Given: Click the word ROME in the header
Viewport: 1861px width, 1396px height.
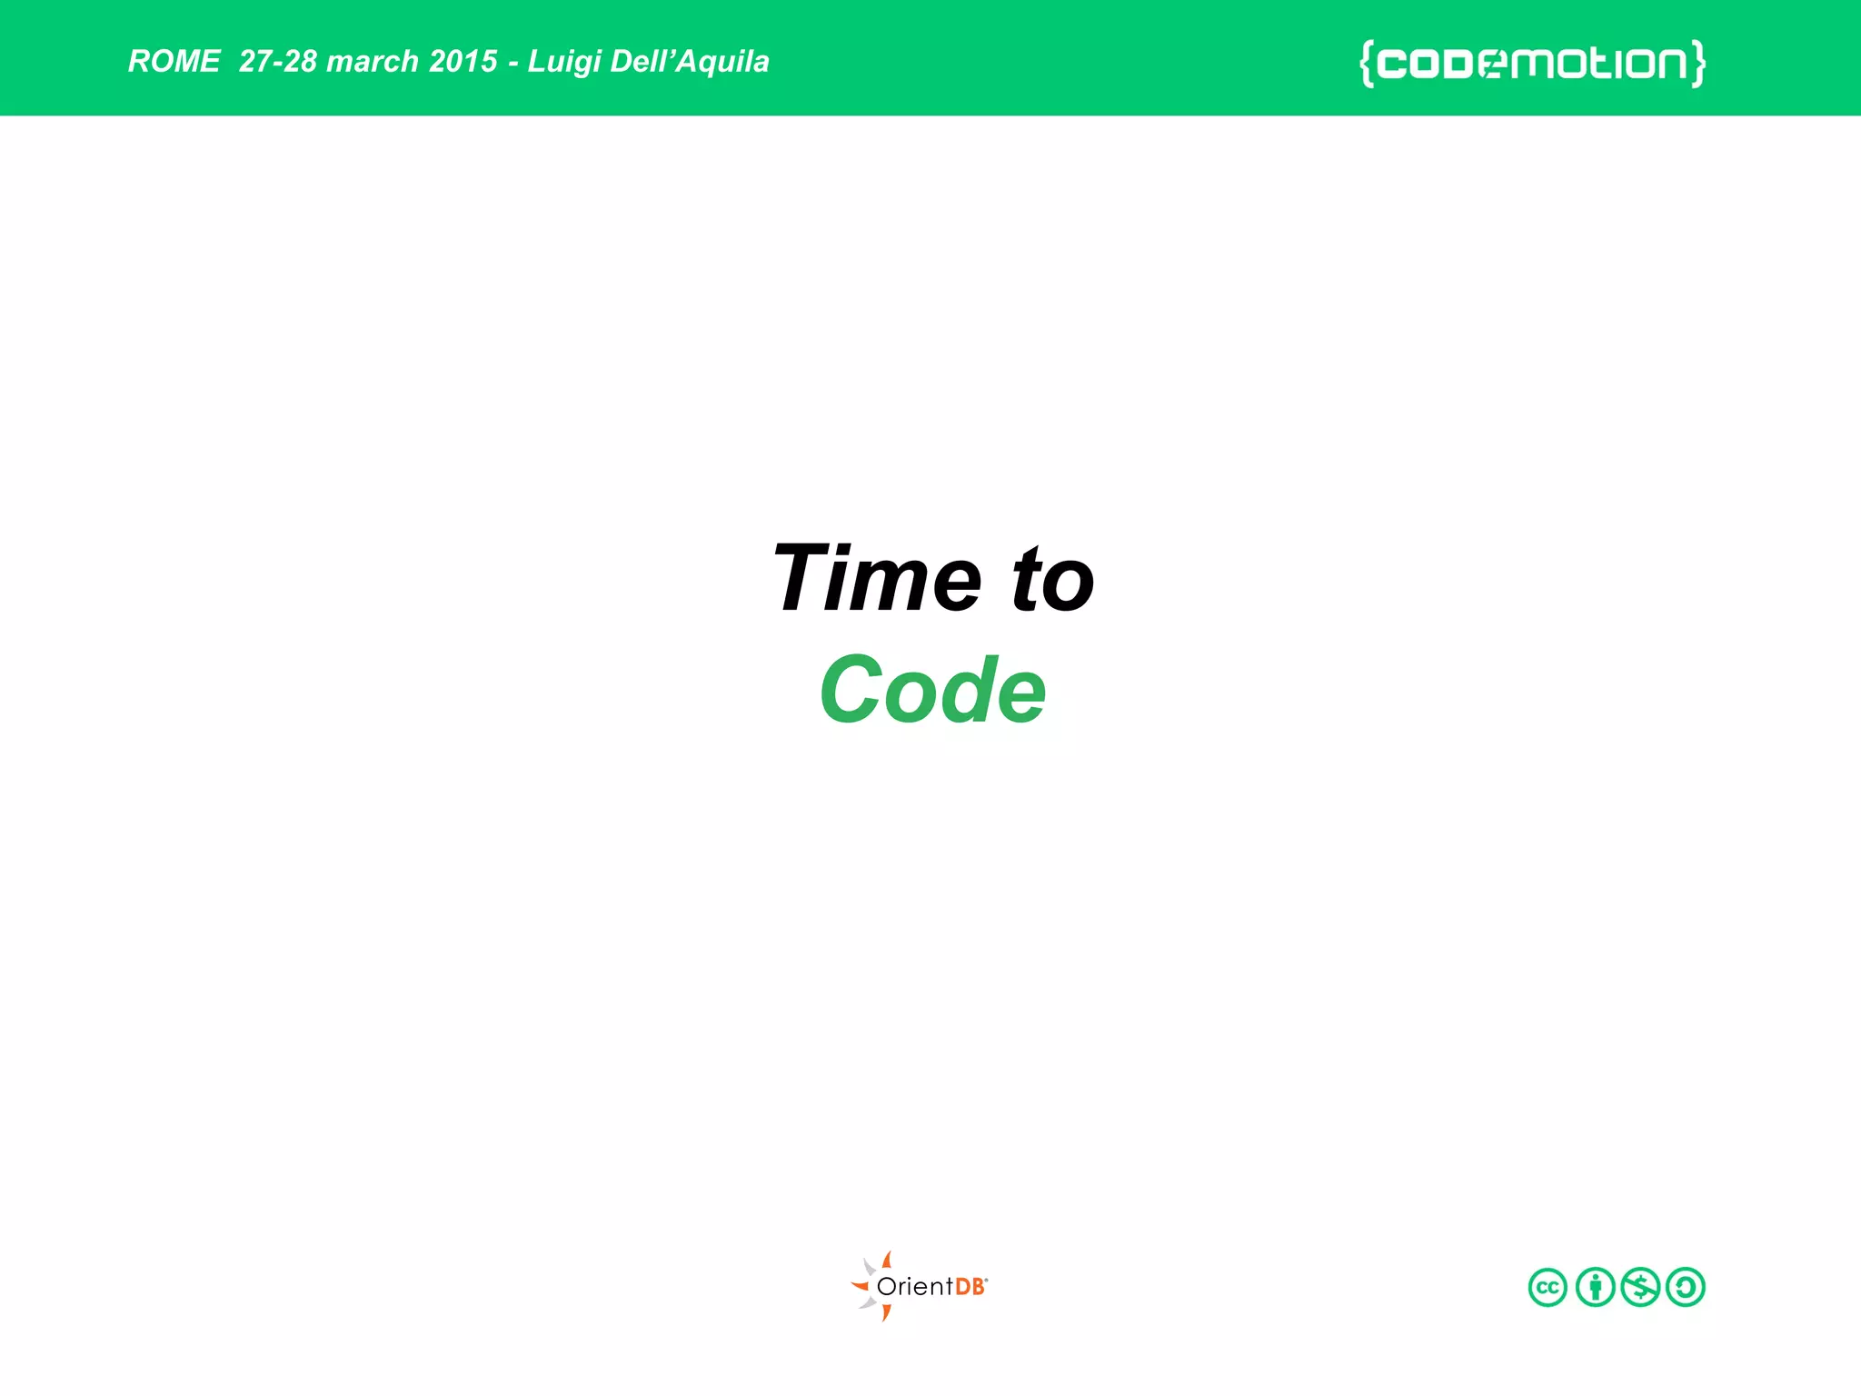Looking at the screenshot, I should tap(174, 61).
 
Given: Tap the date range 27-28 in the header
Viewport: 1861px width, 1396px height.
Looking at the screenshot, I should tap(278, 61).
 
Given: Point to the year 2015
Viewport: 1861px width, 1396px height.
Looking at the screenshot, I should tap(463, 61).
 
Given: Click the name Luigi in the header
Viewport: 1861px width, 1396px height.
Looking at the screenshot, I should tap(563, 62).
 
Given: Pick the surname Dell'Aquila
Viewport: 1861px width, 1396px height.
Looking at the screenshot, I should tap(690, 61).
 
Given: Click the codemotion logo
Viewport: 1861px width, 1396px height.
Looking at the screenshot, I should tap(1532, 64).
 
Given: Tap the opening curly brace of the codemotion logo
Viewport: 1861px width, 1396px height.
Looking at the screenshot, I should tap(1367, 64).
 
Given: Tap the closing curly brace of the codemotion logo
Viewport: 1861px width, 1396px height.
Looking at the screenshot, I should tap(1697, 64).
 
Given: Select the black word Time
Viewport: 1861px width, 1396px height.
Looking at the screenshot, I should tap(878, 579).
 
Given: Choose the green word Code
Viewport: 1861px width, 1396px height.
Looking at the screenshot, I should tap(933, 690).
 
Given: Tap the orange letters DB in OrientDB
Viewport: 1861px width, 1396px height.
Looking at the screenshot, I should tap(970, 1287).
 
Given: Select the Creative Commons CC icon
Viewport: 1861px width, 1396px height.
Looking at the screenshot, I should tap(1548, 1287).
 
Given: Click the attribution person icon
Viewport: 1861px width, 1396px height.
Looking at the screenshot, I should tap(1595, 1287).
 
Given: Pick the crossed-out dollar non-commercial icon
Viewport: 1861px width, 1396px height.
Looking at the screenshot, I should tap(1640, 1287).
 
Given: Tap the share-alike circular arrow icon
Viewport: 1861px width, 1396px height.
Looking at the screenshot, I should tap(1686, 1287).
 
